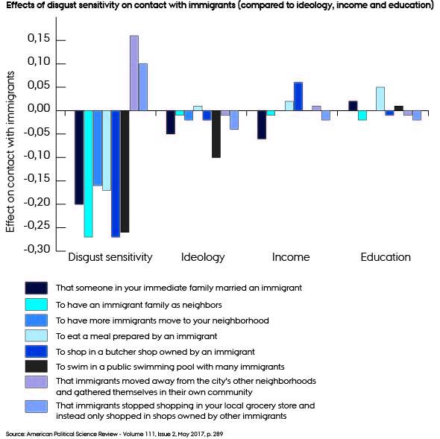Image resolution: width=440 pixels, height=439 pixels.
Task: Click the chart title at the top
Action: pos(219,6)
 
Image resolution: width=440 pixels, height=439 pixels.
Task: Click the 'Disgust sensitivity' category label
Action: pos(110,257)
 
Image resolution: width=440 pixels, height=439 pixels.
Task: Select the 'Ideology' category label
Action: pos(203,257)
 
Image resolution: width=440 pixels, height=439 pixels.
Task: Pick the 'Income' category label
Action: pos(291,257)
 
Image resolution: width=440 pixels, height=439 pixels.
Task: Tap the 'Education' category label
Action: pos(386,257)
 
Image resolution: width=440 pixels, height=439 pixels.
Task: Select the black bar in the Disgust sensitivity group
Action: pos(125,171)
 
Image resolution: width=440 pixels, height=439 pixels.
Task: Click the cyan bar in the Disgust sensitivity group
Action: pos(88,173)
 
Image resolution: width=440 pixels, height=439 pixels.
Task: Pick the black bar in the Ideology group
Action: pos(216,133)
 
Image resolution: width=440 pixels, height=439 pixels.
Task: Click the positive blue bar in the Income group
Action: pos(298,96)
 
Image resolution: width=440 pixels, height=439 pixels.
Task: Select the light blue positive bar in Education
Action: pos(380,98)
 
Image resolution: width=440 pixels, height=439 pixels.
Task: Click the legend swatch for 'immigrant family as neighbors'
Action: pos(36,304)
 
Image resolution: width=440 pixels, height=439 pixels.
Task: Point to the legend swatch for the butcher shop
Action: pos(36,352)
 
